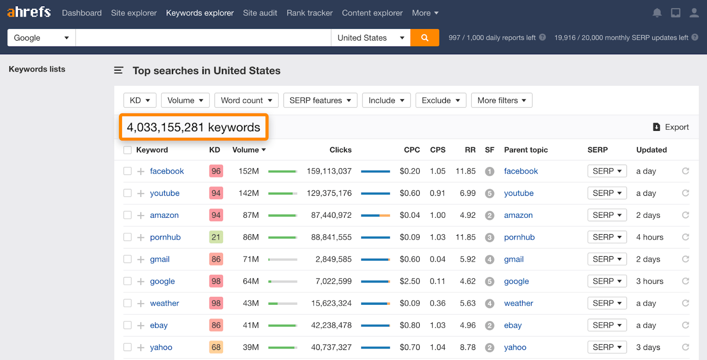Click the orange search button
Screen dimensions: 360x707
424,38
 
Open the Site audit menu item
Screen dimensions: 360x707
260,13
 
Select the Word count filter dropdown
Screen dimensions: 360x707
246,100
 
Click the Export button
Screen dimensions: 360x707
671,127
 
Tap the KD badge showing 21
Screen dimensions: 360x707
216,237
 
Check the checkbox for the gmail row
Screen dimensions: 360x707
128,259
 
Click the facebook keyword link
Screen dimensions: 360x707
167,171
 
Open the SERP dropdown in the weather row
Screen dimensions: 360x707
607,303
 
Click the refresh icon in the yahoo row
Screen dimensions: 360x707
685,347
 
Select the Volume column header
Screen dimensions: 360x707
249,150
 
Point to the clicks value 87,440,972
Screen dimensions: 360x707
331,215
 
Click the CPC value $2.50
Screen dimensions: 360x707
410,281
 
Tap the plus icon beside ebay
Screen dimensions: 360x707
141,326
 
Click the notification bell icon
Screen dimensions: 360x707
657,13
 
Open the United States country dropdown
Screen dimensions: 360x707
370,38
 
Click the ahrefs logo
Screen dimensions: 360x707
29,12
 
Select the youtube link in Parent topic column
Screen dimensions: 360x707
519,193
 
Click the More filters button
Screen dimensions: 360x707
502,100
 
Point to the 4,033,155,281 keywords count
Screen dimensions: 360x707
194,128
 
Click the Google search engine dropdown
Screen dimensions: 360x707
41,38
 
